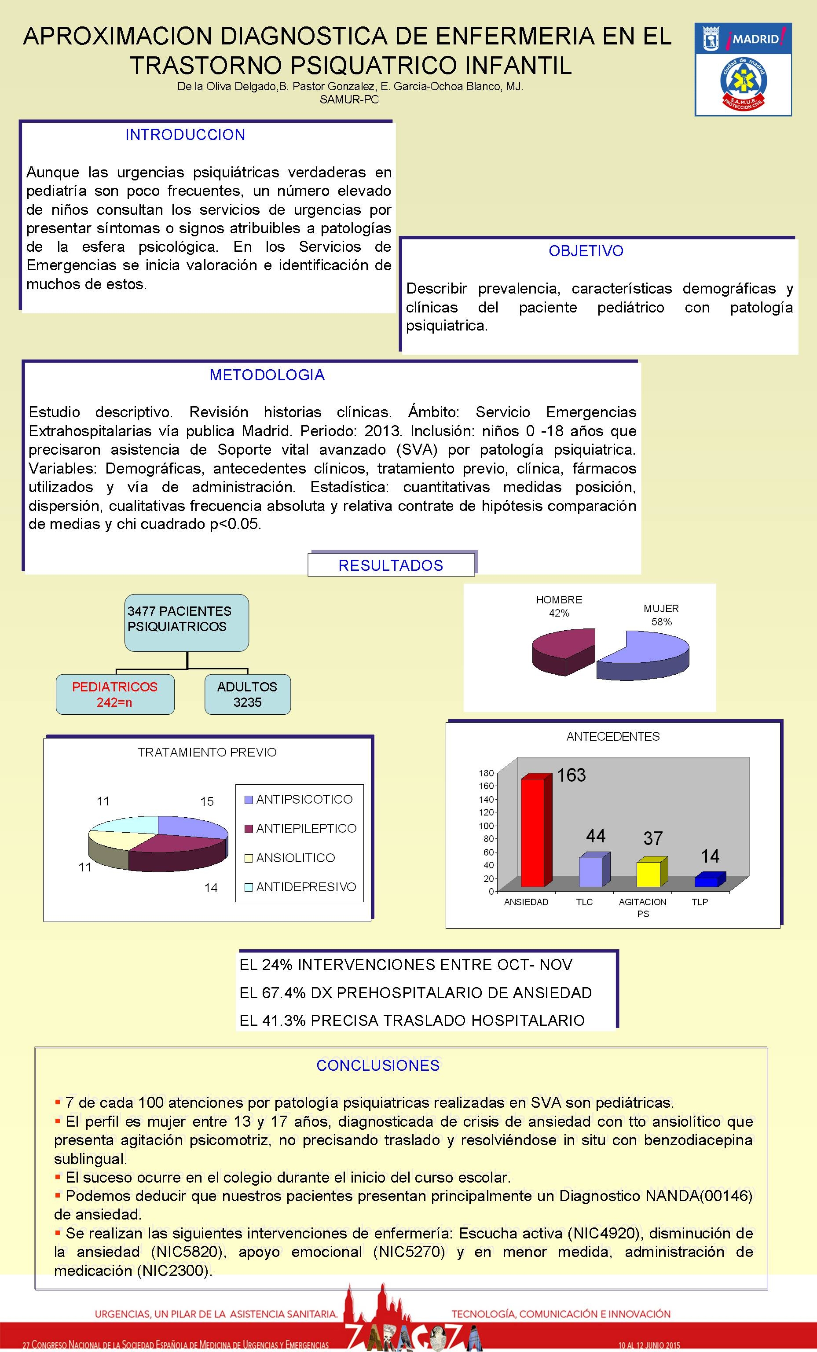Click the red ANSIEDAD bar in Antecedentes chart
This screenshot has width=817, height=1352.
(532, 832)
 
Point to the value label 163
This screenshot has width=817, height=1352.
(571, 775)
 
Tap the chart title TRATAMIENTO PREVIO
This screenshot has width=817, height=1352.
(207, 752)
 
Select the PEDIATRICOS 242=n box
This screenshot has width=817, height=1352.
(115, 694)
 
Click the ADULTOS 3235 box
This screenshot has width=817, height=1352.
(247, 694)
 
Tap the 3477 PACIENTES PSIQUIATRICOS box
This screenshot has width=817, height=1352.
(187, 622)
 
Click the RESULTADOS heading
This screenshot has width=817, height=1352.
(391, 566)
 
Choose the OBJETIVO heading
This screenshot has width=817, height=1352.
(586, 251)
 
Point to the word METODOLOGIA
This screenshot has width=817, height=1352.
(267, 375)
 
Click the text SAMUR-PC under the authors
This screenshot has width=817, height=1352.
(349, 100)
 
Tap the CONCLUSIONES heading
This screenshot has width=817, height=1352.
(378, 1065)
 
